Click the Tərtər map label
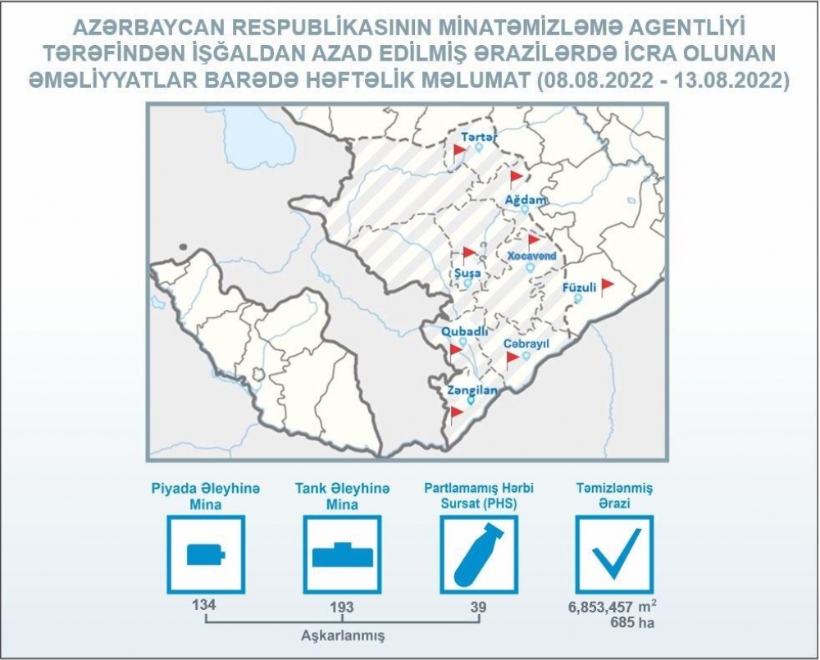click(479, 137)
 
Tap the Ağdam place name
click(526, 200)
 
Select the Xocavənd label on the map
click(532, 257)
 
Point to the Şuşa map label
click(467, 274)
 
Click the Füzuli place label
click(579, 288)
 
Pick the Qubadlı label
click(464, 331)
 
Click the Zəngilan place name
click(472, 390)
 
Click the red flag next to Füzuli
click(607, 287)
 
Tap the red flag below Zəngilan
click(456, 414)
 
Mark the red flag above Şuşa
click(468, 254)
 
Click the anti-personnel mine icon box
click(206, 554)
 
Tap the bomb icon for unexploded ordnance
click(479, 554)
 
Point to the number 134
click(204, 604)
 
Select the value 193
click(341, 608)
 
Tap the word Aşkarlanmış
click(343, 636)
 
